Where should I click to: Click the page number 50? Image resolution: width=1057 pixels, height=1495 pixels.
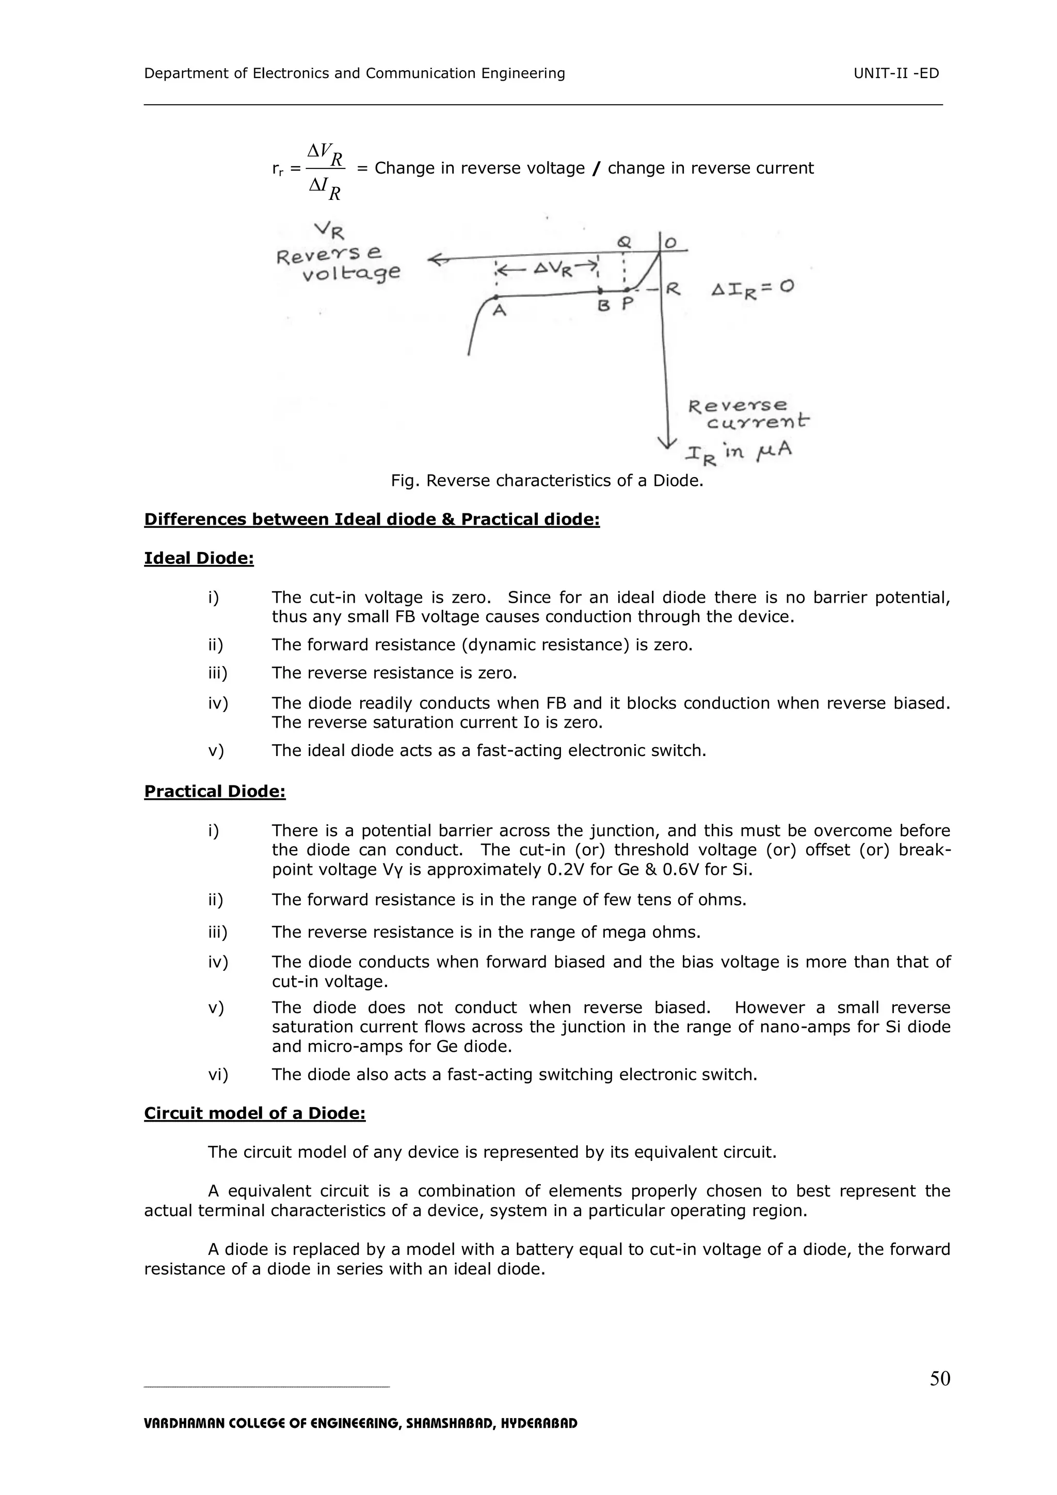(939, 1378)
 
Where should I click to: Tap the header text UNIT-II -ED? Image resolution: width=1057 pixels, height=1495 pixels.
(896, 73)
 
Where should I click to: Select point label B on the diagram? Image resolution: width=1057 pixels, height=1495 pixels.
(603, 305)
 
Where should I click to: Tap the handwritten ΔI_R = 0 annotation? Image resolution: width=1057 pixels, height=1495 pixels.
(752, 289)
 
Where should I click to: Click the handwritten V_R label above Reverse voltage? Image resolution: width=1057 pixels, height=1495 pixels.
(329, 230)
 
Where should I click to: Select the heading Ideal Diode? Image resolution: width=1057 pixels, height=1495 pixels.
(199, 559)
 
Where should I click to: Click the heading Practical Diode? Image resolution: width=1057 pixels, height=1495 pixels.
(215, 792)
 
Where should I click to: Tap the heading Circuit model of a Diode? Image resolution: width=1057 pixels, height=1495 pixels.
(254, 1113)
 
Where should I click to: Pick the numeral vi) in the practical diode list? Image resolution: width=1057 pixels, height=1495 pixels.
(218, 1074)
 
